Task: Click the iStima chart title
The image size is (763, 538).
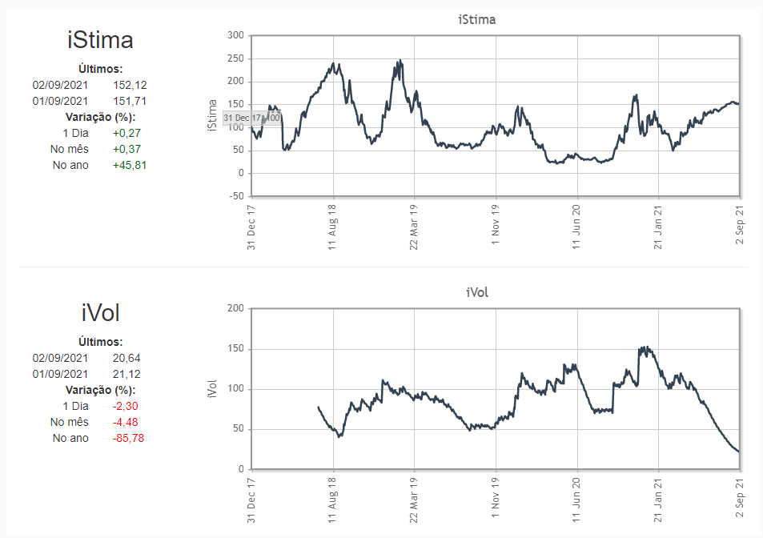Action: (476, 19)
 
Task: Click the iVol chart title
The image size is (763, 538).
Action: (476, 292)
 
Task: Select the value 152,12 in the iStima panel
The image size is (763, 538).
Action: (130, 85)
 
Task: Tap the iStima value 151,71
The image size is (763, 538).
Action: (130, 101)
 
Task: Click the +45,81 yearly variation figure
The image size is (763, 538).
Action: (130, 166)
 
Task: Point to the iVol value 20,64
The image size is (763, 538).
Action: (126, 358)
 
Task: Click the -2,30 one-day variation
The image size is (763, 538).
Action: (126, 406)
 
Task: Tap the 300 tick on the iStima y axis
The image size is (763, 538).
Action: (235, 35)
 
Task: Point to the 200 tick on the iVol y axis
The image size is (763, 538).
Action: (235, 308)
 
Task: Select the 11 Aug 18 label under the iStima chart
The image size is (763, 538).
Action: (331, 226)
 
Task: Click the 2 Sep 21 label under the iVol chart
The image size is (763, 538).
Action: (738, 498)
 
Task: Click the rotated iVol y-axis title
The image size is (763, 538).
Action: (212, 389)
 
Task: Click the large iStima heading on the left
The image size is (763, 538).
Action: (100, 40)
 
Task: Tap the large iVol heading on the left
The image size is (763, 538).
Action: (100, 312)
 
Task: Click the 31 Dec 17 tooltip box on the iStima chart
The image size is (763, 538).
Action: (251, 118)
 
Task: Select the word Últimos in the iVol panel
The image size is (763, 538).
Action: (100, 341)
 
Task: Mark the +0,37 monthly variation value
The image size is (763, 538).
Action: (130, 150)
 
